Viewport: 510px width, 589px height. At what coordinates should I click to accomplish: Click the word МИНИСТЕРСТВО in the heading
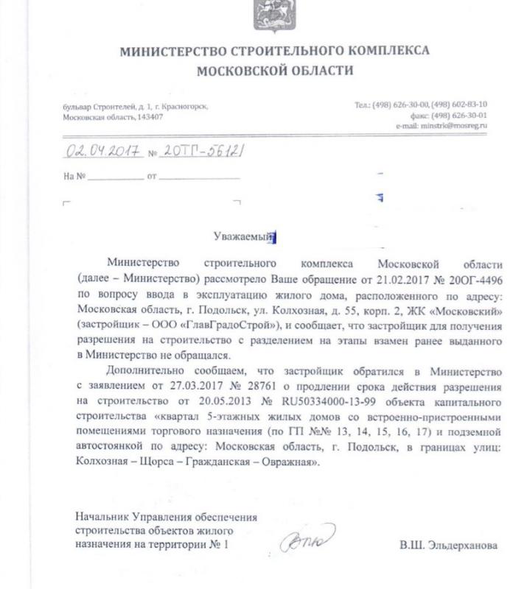coord(164,52)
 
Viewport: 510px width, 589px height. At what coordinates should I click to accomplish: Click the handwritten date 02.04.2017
coord(104,152)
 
